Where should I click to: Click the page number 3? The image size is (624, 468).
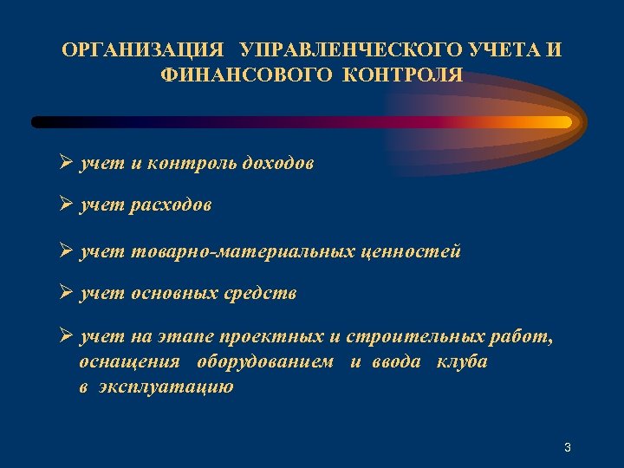point(567,447)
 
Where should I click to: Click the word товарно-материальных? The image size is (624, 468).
point(243,251)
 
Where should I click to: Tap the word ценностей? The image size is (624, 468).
point(411,251)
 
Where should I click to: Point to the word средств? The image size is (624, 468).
point(261,293)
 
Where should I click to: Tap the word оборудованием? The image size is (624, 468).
point(264,361)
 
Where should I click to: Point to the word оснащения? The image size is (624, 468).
point(129,361)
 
